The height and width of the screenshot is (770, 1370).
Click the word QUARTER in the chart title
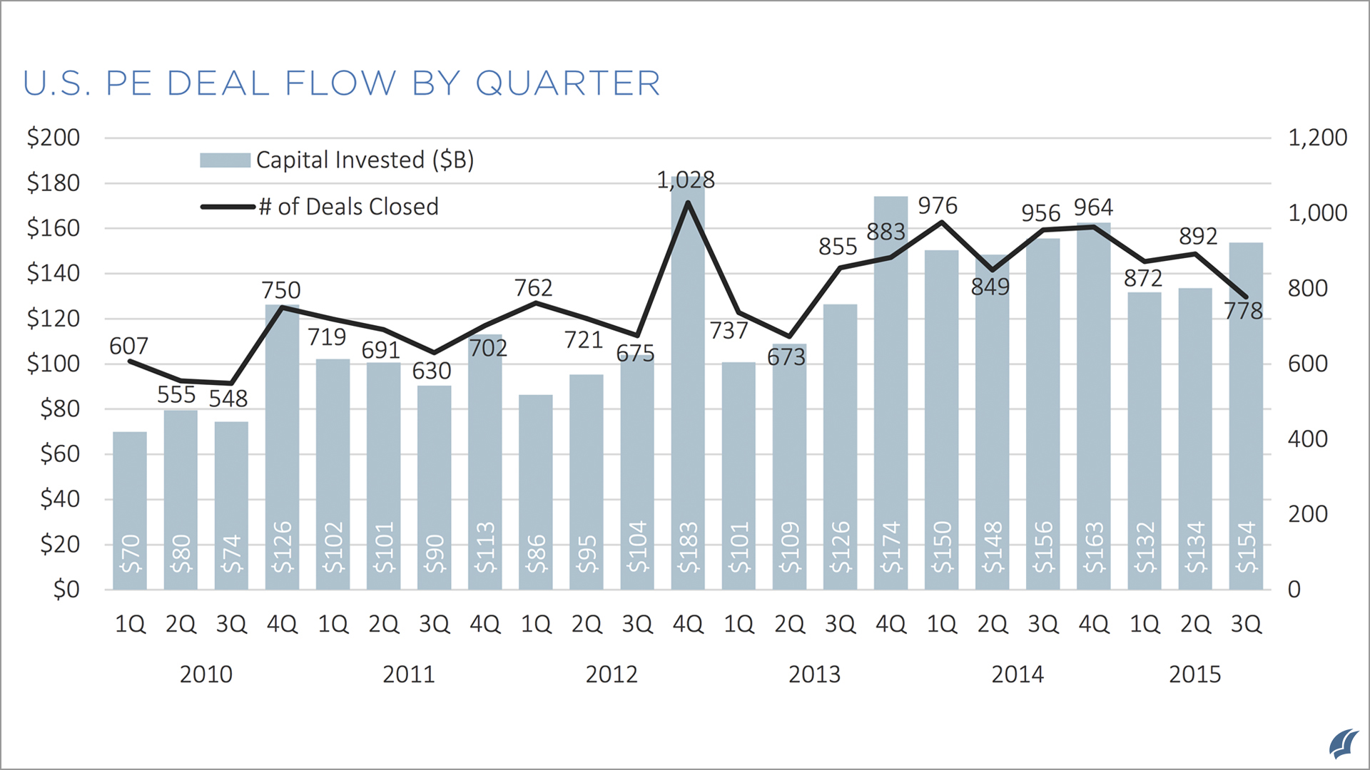[x=567, y=83]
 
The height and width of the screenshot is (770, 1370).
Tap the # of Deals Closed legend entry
[x=320, y=207]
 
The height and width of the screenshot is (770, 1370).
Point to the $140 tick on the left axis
[x=54, y=273]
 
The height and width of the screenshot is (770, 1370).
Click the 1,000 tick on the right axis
[x=1316, y=213]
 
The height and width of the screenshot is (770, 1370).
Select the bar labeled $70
[x=130, y=510]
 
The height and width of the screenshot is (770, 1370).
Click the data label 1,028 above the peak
[x=686, y=180]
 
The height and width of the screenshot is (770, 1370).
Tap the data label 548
[x=228, y=399]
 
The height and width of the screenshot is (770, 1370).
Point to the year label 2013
[x=814, y=674]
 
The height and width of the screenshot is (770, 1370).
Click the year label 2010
[x=205, y=674]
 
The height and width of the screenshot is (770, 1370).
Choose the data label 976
[x=937, y=206]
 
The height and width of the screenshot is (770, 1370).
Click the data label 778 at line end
[x=1243, y=311]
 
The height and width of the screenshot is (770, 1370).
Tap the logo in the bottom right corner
[x=1343, y=744]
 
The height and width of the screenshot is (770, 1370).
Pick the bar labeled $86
[x=536, y=492]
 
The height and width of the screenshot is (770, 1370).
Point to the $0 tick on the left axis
[x=66, y=590]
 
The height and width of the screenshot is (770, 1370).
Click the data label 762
[x=533, y=288]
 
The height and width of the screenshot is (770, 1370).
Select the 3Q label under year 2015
[x=1246, y=625]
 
